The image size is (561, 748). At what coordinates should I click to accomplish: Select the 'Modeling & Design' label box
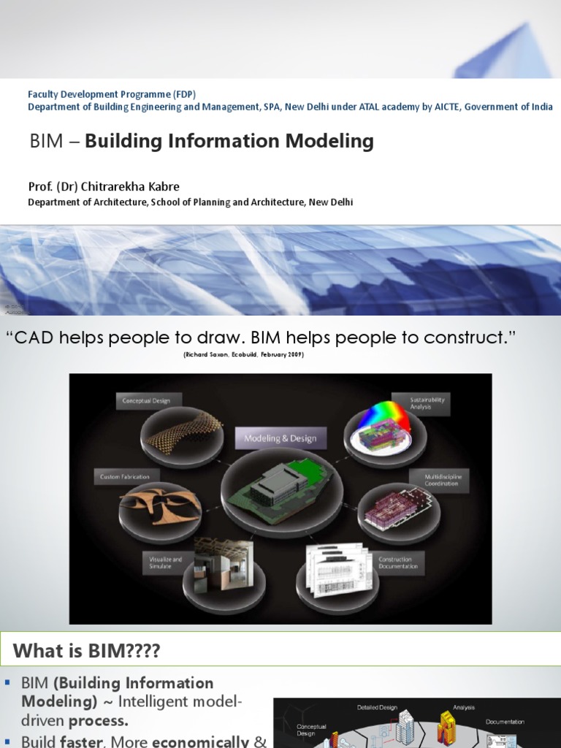pyautogui.click(x=280, y=438)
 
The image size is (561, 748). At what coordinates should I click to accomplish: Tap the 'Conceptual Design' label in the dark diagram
pyautogui.click(x=146, y=400)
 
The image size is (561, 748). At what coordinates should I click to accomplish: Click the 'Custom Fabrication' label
pyautogui.click(x=124, y=477)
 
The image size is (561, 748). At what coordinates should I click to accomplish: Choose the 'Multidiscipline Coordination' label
pyautogui.click(x=443, y=479)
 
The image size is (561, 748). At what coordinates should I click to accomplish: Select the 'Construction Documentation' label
pyautogui.click(x=398, y=562)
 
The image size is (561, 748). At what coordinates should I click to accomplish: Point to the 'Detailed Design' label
pyautogui.click(x=377, y=707)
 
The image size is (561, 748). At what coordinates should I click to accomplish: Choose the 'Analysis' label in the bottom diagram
pyautogui.click(x=463, y=707)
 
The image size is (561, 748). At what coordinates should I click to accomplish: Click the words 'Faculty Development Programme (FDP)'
pyautogui.click(x=112, y=94)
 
